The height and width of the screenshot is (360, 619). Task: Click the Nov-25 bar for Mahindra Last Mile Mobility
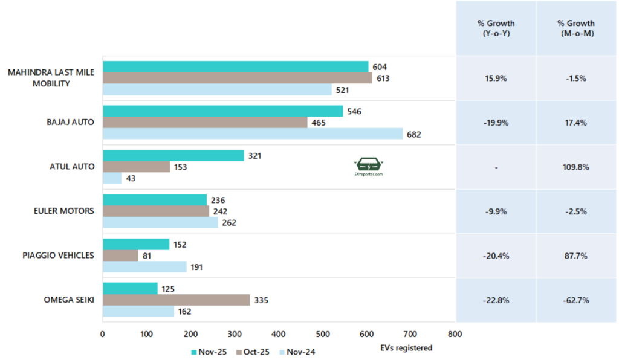tap(235, 66)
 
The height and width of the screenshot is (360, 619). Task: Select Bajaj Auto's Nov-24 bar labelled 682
tap(253, 133)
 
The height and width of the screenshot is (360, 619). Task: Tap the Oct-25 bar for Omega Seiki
tap(176, 300)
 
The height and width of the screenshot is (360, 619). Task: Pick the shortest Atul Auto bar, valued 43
tap(112, 178)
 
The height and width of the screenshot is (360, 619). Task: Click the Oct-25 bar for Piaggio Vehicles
tap(120, 256)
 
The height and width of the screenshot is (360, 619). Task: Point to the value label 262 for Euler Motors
tap(229, 222)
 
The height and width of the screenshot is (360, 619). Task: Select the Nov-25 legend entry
tap(209, 352)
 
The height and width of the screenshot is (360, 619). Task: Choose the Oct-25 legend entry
tap(254, 352)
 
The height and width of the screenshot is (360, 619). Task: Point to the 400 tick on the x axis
tap(279, 334)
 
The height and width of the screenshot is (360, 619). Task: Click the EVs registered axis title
tap(406, 348)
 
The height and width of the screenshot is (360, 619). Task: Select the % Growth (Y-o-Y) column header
tap(496, 28)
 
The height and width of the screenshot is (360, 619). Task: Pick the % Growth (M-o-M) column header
tap(576, 28)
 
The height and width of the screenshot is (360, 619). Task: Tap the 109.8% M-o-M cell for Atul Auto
tap(576, 167)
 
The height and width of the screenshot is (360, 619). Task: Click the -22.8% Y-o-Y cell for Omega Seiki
tap(496, 300)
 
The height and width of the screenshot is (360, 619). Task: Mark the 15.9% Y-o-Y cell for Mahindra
tap(496, 79)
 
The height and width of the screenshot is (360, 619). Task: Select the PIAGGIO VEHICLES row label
tap(59, 255)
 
